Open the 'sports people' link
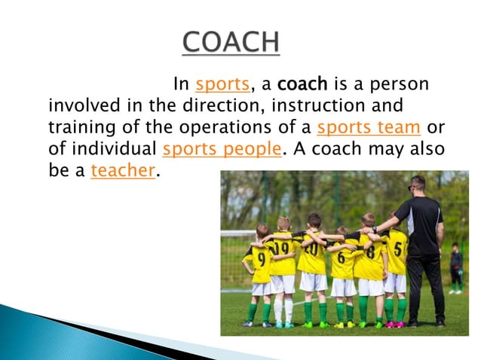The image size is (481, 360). point(222,148)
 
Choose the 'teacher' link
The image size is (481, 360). point(122,170)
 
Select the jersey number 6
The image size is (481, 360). point(342,257)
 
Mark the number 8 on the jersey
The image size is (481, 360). point(370,252)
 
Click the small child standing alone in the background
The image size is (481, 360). point(455,268)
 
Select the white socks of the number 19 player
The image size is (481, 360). point(283,310)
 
